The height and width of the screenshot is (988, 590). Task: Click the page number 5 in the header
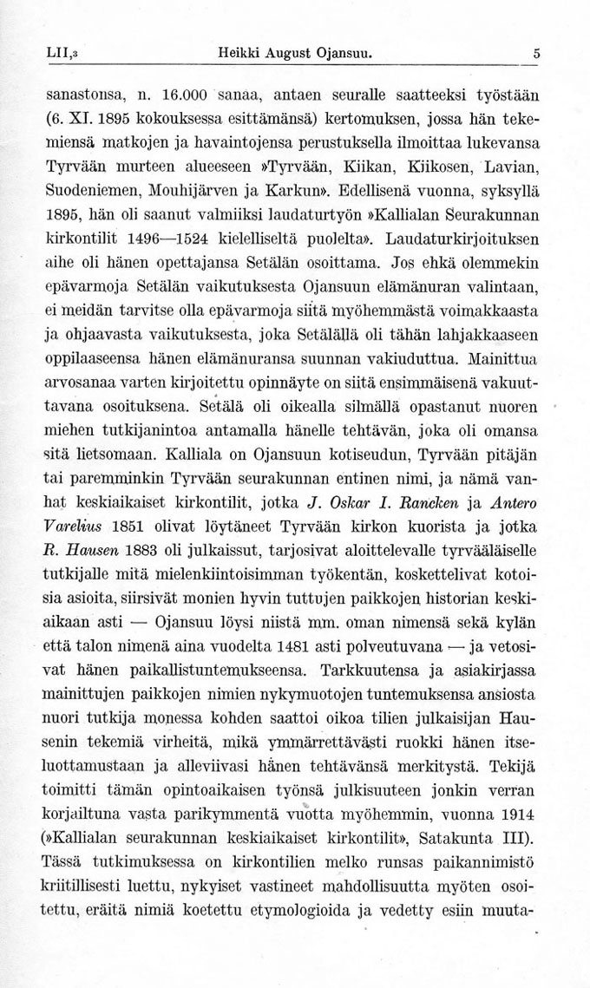[537, 53]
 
